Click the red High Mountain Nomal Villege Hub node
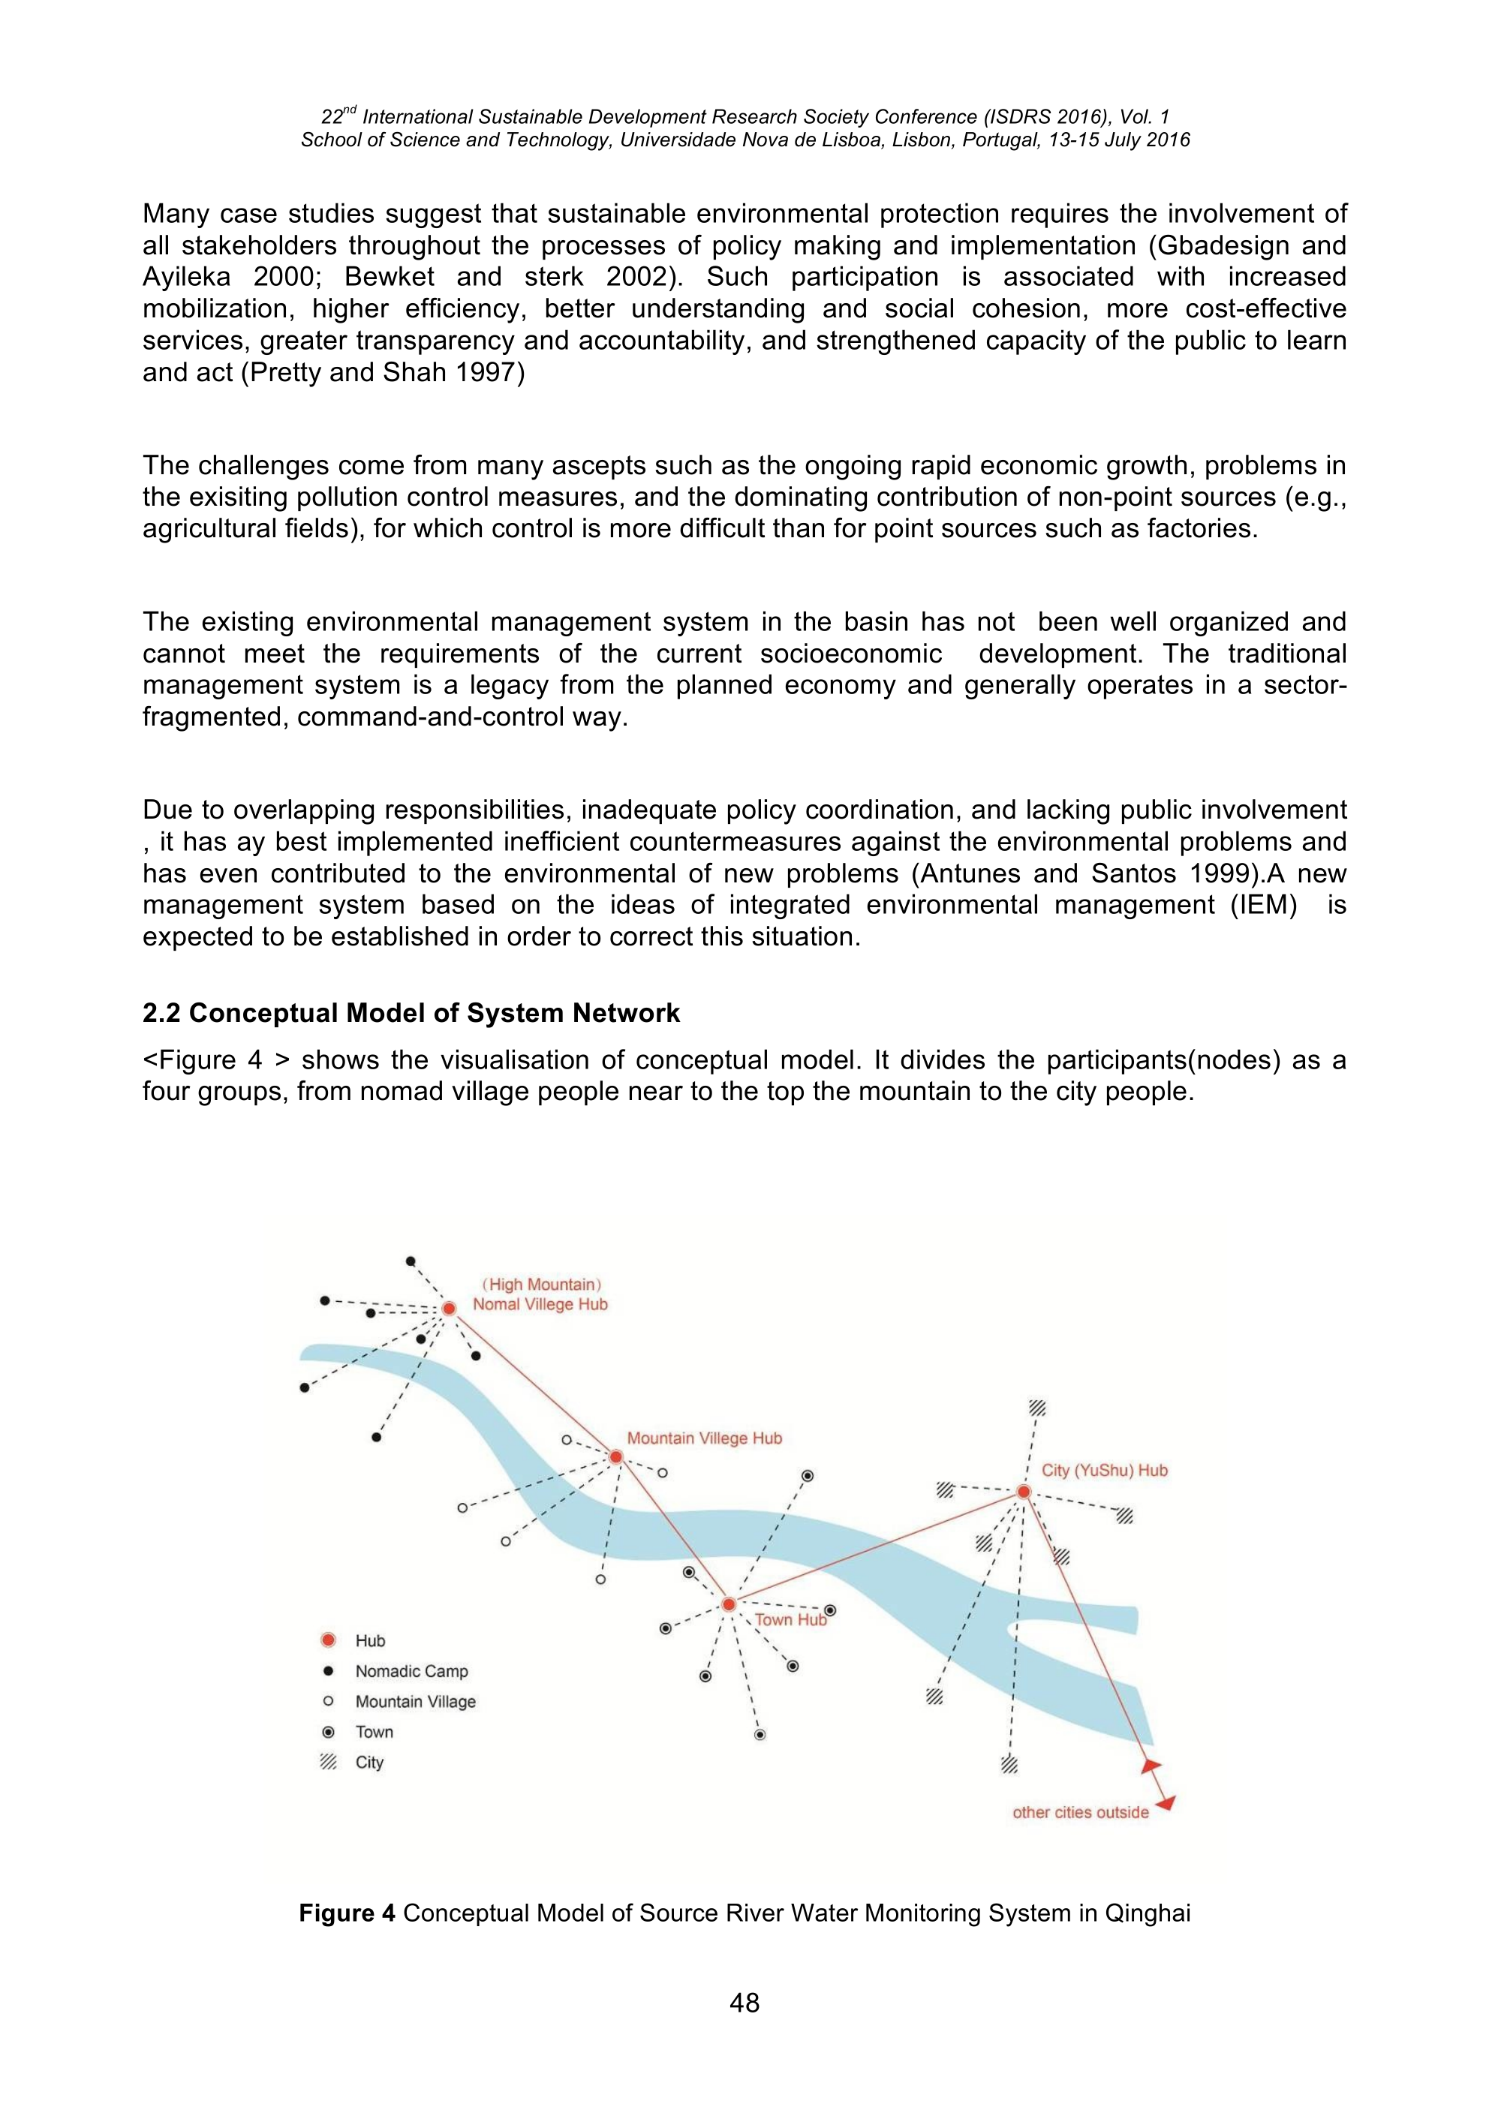point(449,1309)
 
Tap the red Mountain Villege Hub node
point(616,1457)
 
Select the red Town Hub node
point(728,1604)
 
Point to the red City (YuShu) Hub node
point(1024,1492)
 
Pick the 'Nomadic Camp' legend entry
point(411,1671)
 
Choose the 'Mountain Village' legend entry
point(415,1701)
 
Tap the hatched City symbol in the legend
point(328,1762)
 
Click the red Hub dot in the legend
point(328,1640)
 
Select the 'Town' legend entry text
point(375,1732)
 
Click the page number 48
point(744,2003)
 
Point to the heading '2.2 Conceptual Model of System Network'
point(411,1013)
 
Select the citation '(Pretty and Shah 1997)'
point(383,373)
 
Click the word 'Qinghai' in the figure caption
point(1147,1913)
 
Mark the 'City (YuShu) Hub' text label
point(1104,1470)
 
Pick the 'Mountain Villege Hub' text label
point(704,1438)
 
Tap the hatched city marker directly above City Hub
point(1037,1408)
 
